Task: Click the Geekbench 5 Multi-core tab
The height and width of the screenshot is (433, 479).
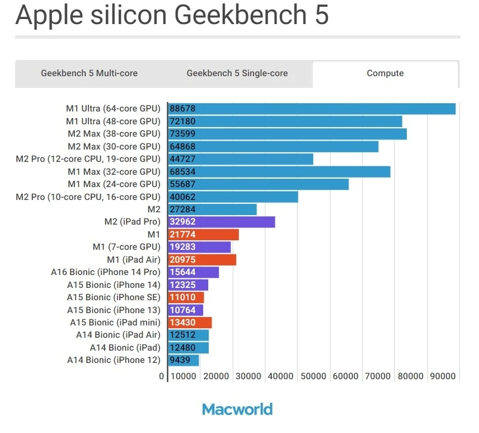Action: click(89, 73)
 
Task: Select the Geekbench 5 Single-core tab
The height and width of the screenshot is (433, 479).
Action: click(237, 73)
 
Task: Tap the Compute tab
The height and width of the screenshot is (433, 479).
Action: click(385, 73)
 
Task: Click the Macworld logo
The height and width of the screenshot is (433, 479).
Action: click(237, 409)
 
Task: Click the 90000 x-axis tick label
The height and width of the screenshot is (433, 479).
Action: click(442, 376)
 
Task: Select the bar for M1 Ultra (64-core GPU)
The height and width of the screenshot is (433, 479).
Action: click(312, 109)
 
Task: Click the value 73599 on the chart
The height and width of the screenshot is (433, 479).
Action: click(183, 134)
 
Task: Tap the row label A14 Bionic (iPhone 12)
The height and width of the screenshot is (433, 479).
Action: click(114, 360)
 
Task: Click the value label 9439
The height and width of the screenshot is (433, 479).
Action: click(181, 360)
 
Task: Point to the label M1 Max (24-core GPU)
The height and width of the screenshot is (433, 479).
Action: click(114, 184)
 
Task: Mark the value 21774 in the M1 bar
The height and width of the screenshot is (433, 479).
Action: click(183, 235)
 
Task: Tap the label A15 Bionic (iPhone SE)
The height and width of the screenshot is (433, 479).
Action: click(114, 297)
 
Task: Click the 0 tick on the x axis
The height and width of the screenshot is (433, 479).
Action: click(162, 376)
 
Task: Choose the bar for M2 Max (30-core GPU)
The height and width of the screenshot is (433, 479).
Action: click(273, 147)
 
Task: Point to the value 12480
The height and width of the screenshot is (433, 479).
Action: click(183, 348)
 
